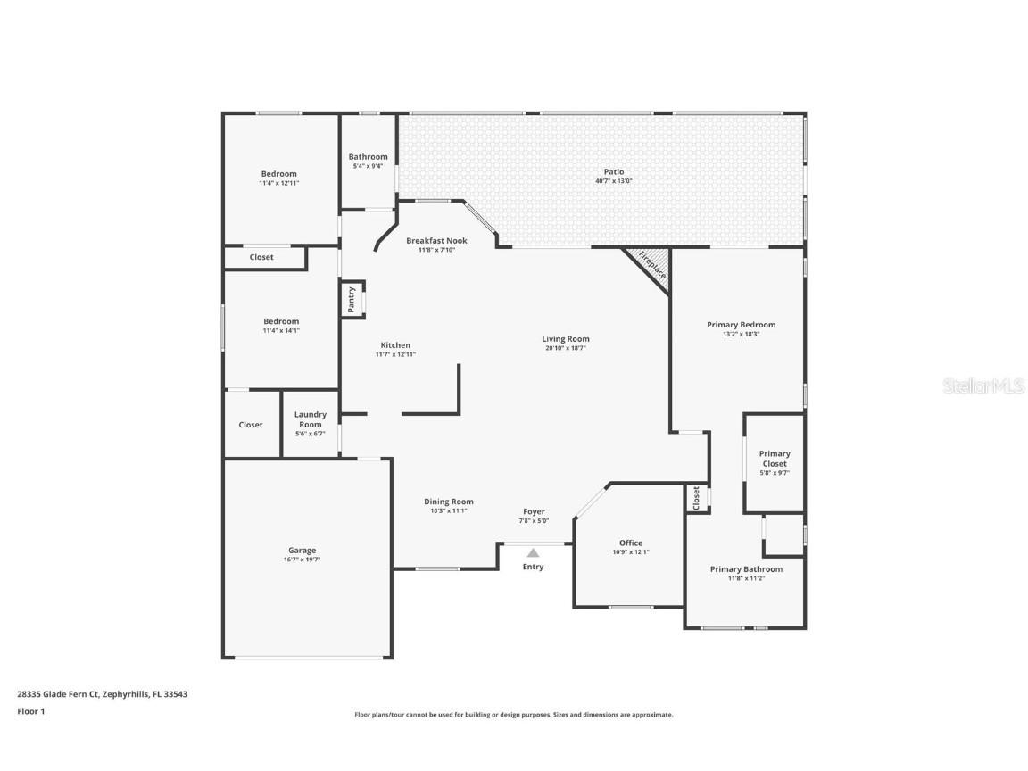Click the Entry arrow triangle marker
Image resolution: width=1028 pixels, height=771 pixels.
coord(533,552)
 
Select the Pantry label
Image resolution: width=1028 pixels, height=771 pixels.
coord(352,300)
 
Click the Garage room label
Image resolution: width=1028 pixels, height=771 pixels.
coord(302,551)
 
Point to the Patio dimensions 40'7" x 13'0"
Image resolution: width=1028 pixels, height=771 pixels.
coord(613,181)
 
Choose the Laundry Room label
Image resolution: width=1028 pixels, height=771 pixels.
coord(310,419)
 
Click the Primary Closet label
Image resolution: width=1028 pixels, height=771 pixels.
coord(774,459)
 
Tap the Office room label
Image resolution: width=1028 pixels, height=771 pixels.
coord(631,543)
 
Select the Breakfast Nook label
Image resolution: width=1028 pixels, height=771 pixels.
coord(436,240)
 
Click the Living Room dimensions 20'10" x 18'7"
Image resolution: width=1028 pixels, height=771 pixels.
coord(566,348)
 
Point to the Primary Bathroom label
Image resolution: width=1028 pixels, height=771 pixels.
coord(746,568)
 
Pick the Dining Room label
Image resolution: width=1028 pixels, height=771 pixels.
coord(448,502)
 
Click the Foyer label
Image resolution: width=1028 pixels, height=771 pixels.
coord(534,511)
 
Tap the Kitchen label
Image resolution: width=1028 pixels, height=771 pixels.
coord(395,345)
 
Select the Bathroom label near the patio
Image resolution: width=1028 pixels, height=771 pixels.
coord(368,156)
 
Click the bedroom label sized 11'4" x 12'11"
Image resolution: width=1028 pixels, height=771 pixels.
coord(278,174)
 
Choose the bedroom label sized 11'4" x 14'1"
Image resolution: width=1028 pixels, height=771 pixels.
coord(280,321)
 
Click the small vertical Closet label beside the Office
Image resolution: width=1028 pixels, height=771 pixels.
coord(697,498)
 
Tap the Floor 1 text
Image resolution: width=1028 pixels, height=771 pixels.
coord(30,711)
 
